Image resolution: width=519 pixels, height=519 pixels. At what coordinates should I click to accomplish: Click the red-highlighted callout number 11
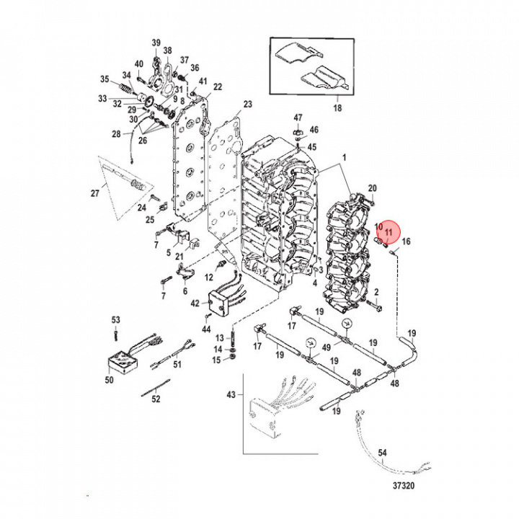point(389,233)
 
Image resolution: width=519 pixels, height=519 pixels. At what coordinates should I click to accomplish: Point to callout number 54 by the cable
point(383,453)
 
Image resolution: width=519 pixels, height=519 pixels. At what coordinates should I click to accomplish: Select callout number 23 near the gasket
point(247,105)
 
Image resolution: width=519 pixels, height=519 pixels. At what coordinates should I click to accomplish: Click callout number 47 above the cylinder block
point(298,117)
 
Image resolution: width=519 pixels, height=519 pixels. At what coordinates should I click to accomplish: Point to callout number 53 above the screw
point(115,319)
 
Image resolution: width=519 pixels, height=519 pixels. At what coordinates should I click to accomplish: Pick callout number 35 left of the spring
point(105,79)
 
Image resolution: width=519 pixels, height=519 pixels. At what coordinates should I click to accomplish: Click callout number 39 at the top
point(156,44)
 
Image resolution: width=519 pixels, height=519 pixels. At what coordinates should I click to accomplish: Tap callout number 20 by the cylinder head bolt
point(373,188)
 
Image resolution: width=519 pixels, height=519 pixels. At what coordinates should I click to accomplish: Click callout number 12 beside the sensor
point(210,277)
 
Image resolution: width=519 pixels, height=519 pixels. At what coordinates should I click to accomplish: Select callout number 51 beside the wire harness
point(177,365)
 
